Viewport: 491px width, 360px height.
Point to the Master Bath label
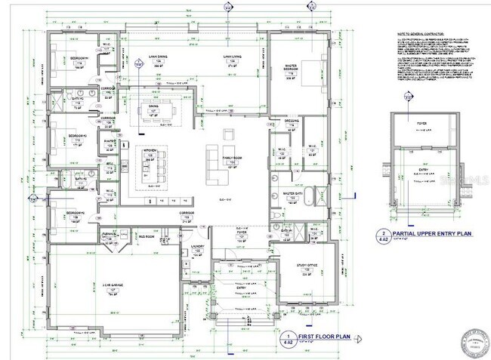(293, 195)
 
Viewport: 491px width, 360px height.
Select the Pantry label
(109, 141)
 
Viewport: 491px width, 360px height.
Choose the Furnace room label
(110, 235)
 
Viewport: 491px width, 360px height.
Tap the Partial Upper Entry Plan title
(428, 234)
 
